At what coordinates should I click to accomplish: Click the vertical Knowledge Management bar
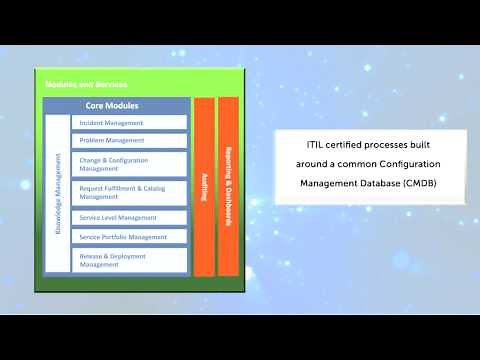pyautogui.click(x=58, y=194)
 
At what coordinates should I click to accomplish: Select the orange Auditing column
pyautogui.click(x=204, y=186)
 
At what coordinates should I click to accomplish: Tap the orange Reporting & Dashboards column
pyautogui.click(x=228, y=186)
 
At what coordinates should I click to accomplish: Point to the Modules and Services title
pyautogui.click(x=86, y=84)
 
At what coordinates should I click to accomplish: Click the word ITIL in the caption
pyautogui.click(x=316, y=144)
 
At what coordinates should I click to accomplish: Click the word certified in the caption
pyautogui.click(x=347, y=144)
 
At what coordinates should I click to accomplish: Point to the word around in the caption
pyautogui.click(x=312, y=164)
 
